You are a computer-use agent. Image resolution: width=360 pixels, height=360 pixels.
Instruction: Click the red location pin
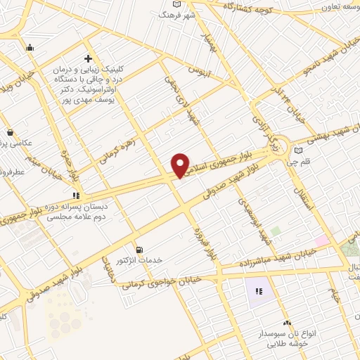pos(180,165)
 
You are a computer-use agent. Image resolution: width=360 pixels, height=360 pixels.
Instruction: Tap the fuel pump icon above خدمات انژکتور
pos(140,250)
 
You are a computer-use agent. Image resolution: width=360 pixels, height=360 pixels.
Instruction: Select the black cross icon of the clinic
pos(87,58)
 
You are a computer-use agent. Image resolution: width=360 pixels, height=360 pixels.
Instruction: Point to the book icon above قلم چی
pos(299,150)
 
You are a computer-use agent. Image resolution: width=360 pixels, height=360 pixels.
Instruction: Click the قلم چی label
pos(308,161)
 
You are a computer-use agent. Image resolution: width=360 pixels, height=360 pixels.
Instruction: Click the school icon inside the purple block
pos(258,291)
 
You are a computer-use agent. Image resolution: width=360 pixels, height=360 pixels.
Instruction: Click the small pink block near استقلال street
pos(322,241)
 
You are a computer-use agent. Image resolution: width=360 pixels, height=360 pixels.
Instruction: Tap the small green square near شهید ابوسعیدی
pos(276,231)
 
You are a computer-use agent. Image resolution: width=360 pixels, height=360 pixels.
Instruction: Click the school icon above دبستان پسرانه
pos(75,196)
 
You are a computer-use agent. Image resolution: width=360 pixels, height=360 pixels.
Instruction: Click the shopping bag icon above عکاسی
pos(10,131)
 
